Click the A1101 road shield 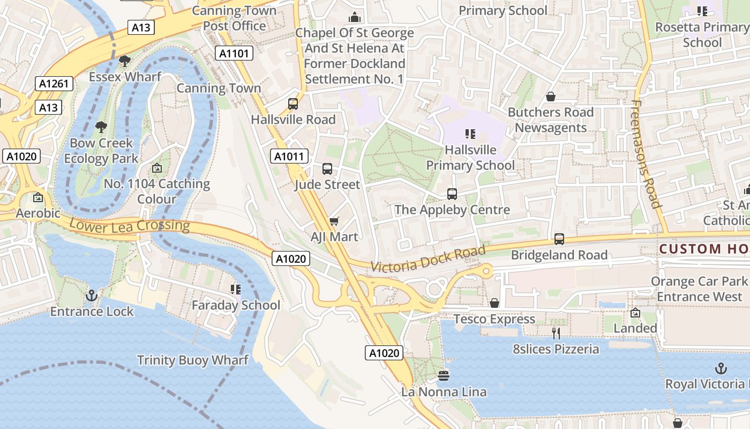pyautogui.click(x=234, y=53)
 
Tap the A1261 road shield pyautogui.click(x=54, y=83)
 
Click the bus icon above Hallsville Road pyautogui.click(x=293, y=104)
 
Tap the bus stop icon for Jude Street pyautogui.click(x=327, y=169)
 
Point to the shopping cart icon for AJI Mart pyautogui.click(x=334, y=221)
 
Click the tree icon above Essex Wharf pyautogui.click(x=125, y=61)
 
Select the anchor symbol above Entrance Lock pyautogui.click(x=92, y=295)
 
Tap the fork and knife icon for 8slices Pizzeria pyautogui.click(x=556, y=334)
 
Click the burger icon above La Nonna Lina pyautogui.click(x=444, y=376)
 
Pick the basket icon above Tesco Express pyautogui.click(x=494, y=304)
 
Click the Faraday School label pyautogui.click(x=236, y=305)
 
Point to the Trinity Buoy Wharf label pyautogui.click(x=192, y=360)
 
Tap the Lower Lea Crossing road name pyautogui.click(x=129, y=225)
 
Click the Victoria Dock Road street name pyautogui.click(x=428, y=258)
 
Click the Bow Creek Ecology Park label pyautogui.click(x=101, y=151)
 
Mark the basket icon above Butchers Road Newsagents pyautogui.click(x=550, y=97)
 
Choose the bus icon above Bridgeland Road pyautogui.click(x=559, y=239)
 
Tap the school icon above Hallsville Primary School pyautogui.click(x=470, y=134)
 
